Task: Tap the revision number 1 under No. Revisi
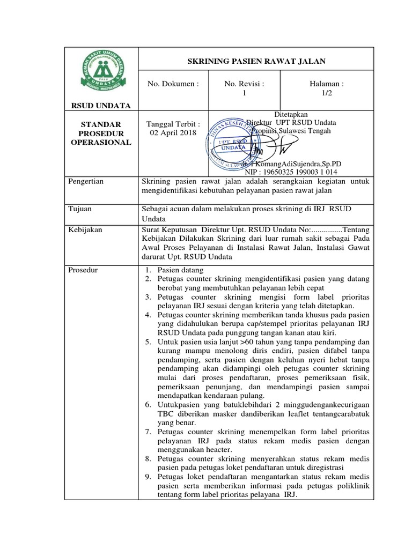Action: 244,93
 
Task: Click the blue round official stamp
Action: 231,146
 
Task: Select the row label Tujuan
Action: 81,208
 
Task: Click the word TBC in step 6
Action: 166,414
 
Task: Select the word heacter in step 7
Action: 216,449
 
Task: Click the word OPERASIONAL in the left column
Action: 101,142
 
